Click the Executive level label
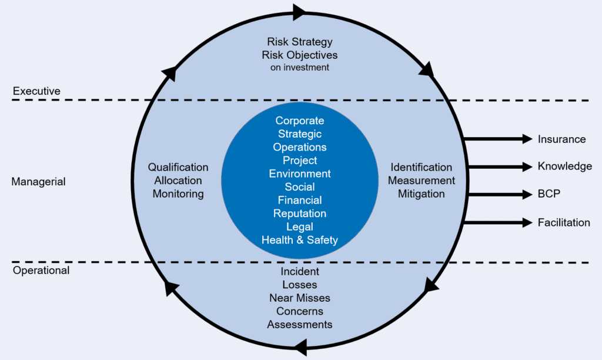point(36,91)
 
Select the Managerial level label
point(38,182)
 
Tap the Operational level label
point(41,271)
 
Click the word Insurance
point(561,139)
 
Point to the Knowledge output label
point(565,166)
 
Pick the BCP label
point(549,194)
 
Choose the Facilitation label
point(564,222)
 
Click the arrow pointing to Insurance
point(499,139)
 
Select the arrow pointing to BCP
point(500,194)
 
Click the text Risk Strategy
point(300,42)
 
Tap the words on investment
point(300,68)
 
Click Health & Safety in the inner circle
point(300,240)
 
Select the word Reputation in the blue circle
point(300,214)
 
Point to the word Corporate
point(300,121)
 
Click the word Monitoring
point(178,194)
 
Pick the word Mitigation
point(421,194)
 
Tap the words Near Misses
point(300,298)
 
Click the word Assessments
point(300,325)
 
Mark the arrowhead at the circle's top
point(299,12)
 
